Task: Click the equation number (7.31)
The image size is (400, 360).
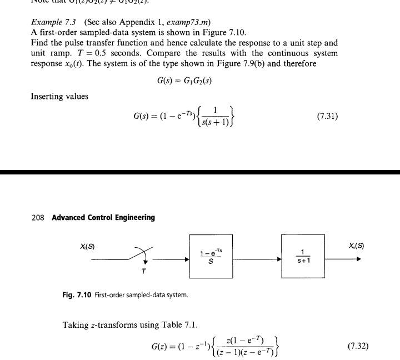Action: point(327,117)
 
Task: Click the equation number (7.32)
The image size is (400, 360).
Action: point(358,346)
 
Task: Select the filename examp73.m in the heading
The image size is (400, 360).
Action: point(189,22)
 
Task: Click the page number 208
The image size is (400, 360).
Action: point(38,217)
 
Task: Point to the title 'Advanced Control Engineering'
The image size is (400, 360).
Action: point(103,217)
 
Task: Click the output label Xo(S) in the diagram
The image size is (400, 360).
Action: point(356,246)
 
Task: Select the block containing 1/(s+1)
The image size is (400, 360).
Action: point(303,256)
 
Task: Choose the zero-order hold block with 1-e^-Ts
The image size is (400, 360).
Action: point(211,257)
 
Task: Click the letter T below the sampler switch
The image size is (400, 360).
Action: point(144,272)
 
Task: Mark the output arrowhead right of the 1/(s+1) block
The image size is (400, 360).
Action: point(358,258)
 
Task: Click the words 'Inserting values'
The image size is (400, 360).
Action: point(59,96)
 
